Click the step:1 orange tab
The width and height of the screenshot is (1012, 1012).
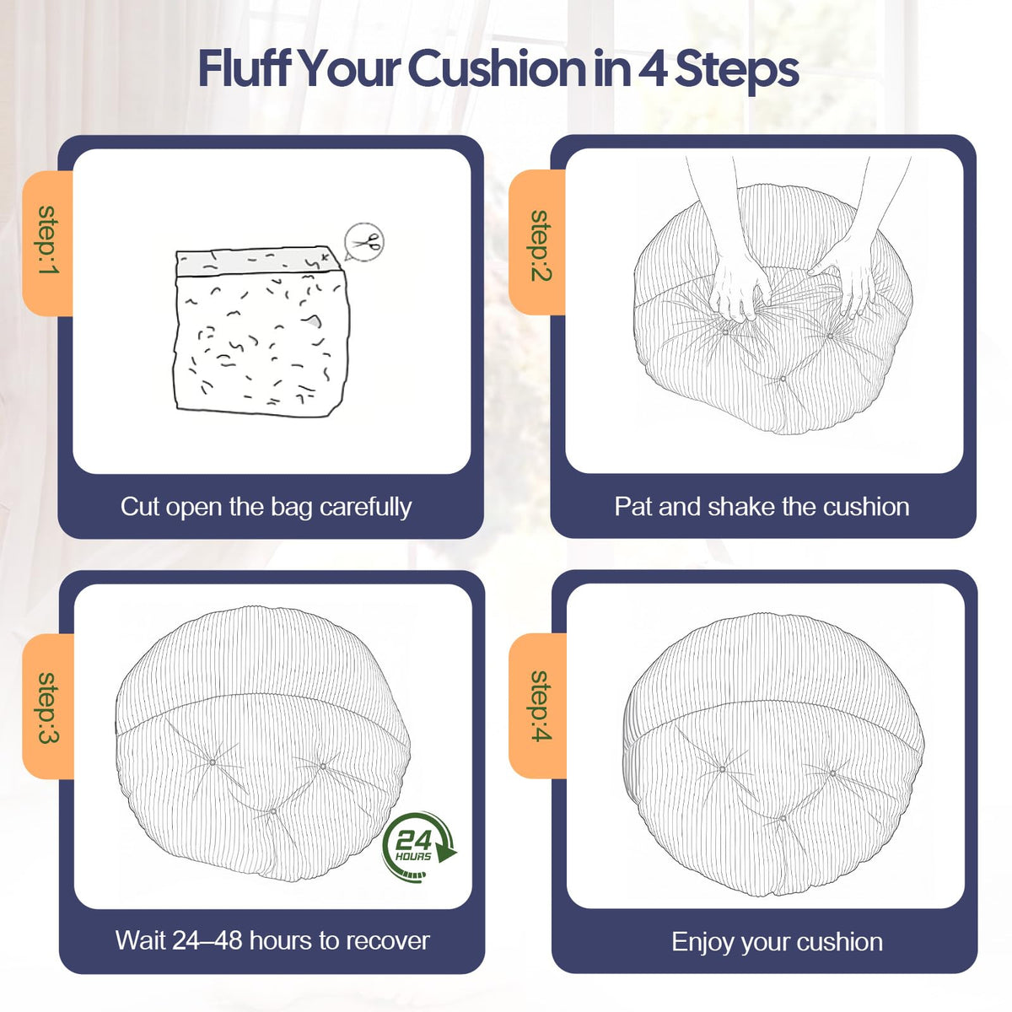[x=48, y=243]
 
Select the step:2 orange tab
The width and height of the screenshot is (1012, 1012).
[x=537, y=243]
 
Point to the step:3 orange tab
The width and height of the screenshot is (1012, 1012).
[x=48, y=707]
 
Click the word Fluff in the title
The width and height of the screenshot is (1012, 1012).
[x=245, y=68]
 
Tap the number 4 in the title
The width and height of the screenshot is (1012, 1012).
[x=652, y=69]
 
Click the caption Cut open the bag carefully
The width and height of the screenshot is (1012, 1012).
[x=266, y=508]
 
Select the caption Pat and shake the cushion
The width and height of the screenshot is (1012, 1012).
[x=762, y=508]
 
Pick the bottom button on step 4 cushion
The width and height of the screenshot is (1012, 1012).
[x=783, y=819]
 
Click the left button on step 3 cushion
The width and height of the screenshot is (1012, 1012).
[x=213, y=762]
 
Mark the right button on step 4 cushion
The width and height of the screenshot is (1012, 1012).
[x=832, y=773]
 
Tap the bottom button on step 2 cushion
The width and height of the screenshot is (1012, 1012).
[x=783, y=379]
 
